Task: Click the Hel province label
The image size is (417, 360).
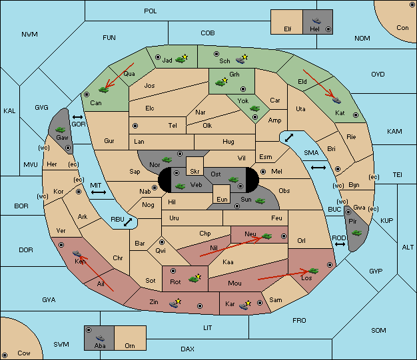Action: tap(314, 29)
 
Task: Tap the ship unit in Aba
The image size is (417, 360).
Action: tap(101, 338)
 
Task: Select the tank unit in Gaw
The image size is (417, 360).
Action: tap(61, 129)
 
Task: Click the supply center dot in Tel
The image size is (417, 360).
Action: tap(135, 126)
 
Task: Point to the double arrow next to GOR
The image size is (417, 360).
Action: tap(77, 117)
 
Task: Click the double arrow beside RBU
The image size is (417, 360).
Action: tap(128, 222)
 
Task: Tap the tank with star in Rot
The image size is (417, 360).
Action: tap(195, 278)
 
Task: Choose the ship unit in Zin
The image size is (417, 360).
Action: tap(175, 303)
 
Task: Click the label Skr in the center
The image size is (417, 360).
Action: tap(195, 172)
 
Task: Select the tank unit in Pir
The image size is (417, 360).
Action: tap(356, 233)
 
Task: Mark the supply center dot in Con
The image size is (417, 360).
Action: tap(411, 5)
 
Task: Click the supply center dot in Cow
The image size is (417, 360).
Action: tap(5, 355)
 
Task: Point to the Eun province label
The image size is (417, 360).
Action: tap(222, 199)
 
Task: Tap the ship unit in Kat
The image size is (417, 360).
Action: tap(336, 100)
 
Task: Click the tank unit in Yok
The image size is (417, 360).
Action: tap(254, 108)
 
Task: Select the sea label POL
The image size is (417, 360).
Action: tap(151, 11)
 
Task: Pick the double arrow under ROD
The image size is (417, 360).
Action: tap(340, 244)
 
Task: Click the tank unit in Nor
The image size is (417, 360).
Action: tap(167, 160)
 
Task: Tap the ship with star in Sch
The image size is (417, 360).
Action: tap(242, 59)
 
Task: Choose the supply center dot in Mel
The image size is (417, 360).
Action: tap(263, 172)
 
